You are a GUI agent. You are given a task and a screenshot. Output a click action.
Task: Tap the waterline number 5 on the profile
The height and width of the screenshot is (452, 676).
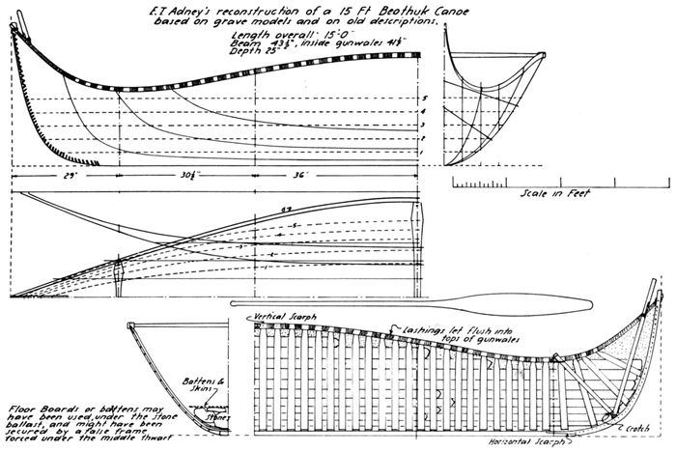click(424, 98)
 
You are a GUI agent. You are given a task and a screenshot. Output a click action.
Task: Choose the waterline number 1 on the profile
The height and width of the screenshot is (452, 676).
click(424, 153)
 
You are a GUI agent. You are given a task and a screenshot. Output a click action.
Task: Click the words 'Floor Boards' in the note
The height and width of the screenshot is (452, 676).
click(36, 401)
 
